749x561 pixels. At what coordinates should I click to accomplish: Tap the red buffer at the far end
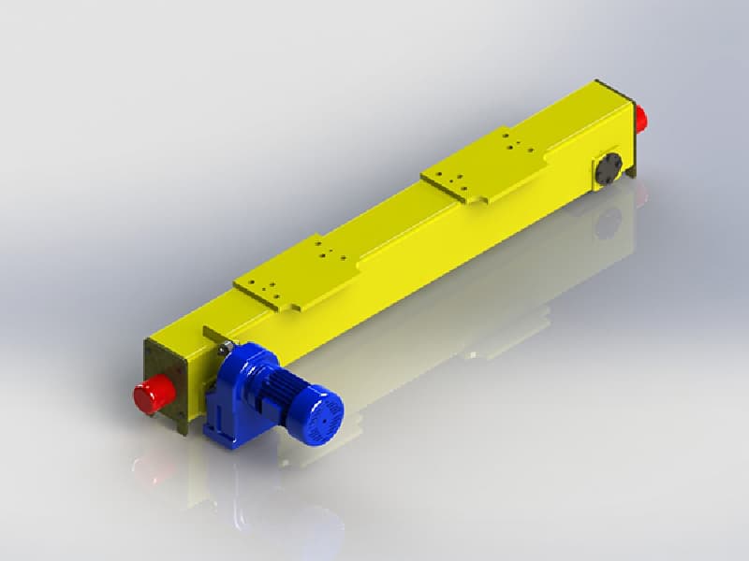pyautogui.click(x=642, y=119)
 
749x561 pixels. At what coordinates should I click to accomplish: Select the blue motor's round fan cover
pyautogui.click(x=324, y=411)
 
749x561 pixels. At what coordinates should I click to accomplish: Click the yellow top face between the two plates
pyautogui.click(x=393, y=224)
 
